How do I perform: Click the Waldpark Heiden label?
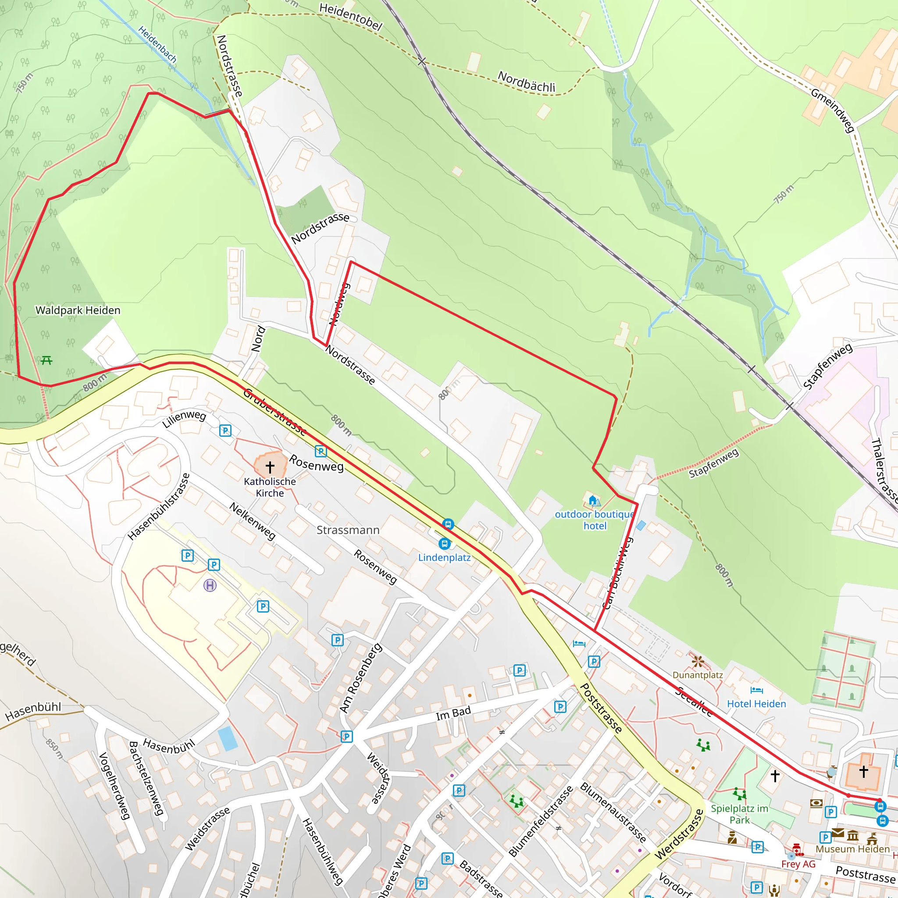click(78, 310)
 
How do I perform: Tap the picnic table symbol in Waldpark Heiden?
click(46, 360)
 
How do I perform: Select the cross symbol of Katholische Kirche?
click(270, 466)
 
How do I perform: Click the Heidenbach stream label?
click(157, 45)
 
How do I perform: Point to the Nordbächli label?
click(526, 82)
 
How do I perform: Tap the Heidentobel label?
click(351, 16)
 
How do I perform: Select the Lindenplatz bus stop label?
click(444, 557)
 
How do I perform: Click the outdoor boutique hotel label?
click(595, 520)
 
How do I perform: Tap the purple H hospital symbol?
click(210, 585)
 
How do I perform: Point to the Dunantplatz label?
click(697, 675)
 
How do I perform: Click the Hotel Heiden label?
click(756, 704)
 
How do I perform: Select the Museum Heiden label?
click(852, 849)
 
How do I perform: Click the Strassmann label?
click(348, 530)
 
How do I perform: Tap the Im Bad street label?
click(453, 713)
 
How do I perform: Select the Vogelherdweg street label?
click(114, 785)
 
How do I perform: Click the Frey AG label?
click(798, 864)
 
